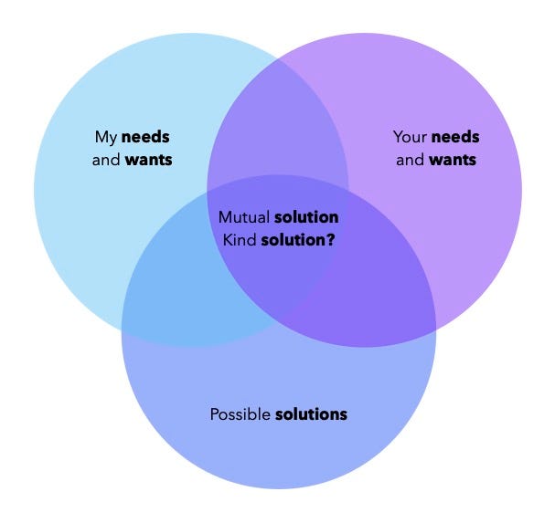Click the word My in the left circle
click(106, 138)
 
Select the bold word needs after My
click(145, 137)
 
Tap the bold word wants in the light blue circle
click(149, 160)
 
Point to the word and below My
click(106, 160)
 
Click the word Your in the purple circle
click(410, 137)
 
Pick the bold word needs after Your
click(455, 137)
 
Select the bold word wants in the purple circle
click(453, 160)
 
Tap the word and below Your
click(410, 160)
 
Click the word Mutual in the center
click(244, 217)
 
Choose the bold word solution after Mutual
click(306, 217)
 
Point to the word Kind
click(240, 240)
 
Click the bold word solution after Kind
click(293, 240)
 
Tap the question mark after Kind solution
click(330, 240)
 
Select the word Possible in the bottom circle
click(240, 414)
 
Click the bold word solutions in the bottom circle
click(312, 414)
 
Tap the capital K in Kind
click(227, 240)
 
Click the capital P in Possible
click(215, 414)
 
